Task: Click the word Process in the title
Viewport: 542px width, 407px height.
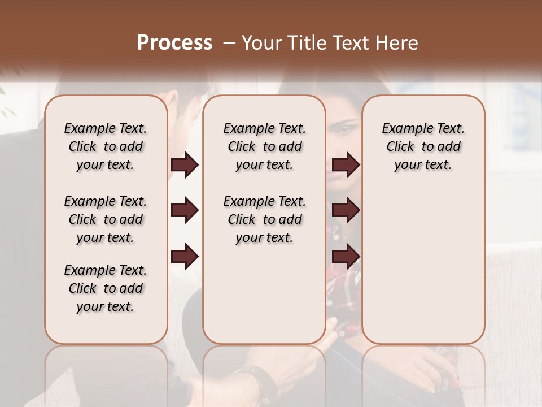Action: tap(174, 43)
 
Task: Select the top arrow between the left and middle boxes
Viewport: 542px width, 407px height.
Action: tap(185, 165)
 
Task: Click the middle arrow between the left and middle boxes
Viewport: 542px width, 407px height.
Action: tap(185, 211)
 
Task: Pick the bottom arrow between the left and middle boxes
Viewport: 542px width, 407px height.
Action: tap(185, 257)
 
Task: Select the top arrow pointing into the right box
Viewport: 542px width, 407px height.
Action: tap(346, 165)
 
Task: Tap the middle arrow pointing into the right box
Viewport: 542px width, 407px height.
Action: tap(346, 211)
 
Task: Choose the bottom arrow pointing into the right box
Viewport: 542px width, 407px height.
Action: tap(346, 257)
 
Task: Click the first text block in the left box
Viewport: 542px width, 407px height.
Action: tap(106, 146)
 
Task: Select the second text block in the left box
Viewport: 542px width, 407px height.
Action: tap(106, 219)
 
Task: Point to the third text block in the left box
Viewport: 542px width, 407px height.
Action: tap(106, 288)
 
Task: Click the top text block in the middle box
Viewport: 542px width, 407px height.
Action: tap(264, 146)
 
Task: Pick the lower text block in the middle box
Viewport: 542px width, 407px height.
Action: tap(264, 219)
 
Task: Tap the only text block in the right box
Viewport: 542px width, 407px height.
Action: tap(423, 146)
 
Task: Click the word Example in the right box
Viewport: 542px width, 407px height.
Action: tap(405, 129)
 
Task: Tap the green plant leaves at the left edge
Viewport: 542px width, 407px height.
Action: tap(6, 102)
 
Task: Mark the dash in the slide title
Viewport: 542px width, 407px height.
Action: tap(229, 43)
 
